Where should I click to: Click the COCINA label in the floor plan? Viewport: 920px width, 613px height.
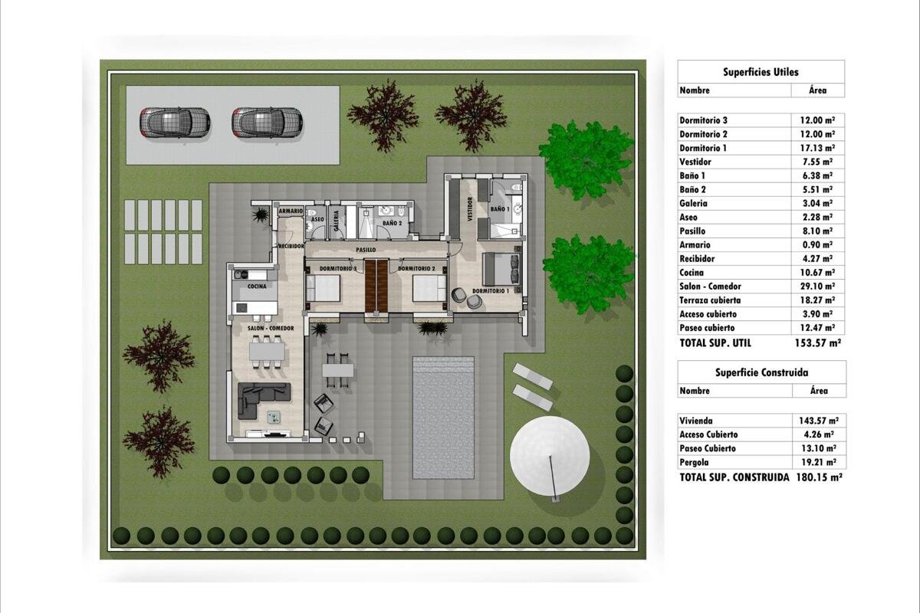pyautogui.click(x=257, y=286)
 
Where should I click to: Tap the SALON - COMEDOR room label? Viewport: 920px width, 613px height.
pyautogui.click(x=271, y=328)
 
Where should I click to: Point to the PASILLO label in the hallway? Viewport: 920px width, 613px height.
pyautogui.click(x=366, y=249)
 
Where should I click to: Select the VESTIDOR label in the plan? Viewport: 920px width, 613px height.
pyautogui.click(x=470, y=209)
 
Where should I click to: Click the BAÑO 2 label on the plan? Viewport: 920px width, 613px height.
pyautogui.click(x=393, y=223)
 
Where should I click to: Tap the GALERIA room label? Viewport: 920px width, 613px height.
pyautogui.click(x=337, y=221)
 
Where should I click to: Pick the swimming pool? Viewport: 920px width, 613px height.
pyautogui.click(x=444, y=418)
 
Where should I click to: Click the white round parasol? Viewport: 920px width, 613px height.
pyautogui.click(x=550, y=456)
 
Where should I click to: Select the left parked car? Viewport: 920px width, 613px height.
pyautogui.click(x=175, y=123)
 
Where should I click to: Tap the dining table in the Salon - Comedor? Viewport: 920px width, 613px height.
pyautogui.click(x=267, y=352)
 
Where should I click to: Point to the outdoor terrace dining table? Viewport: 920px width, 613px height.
pyautogui.click(x=337, y=370)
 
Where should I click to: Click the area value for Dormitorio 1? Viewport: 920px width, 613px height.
pyautogui.click(x=817, y=148)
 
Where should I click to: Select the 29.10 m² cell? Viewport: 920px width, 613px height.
pyautogui.click(x=817, y=286)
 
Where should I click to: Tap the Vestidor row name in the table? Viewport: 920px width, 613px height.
pyautogui.click(x=695, y=162)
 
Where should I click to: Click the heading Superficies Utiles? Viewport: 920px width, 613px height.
pyautogui.click(x=761, y=72)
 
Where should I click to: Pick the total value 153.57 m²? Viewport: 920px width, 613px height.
pyautogui.click(x=818, y=343)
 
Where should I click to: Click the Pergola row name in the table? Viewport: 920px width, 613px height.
pyautogui.click(x=694, y=462)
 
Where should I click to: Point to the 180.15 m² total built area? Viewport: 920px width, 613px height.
pyautogui.click(x=820, y=477)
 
